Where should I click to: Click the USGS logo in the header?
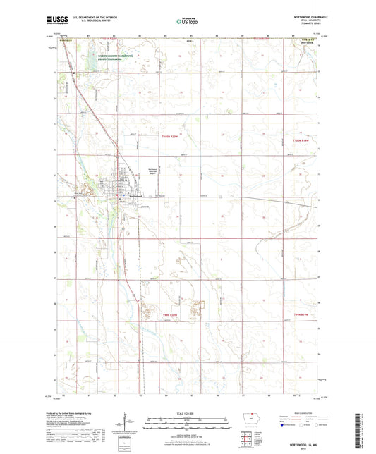pos(56,20)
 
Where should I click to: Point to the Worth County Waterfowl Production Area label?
pos(99,59)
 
